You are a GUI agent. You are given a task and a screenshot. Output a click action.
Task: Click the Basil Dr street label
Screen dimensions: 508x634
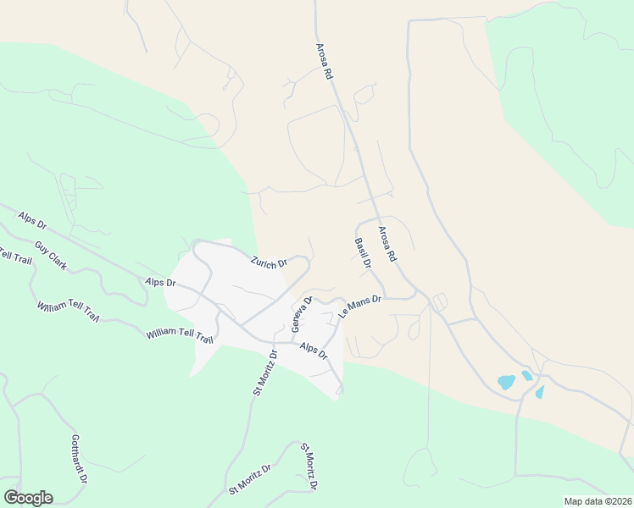coord(362,253)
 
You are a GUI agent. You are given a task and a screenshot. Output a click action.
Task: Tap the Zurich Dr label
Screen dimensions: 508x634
coord(270,262)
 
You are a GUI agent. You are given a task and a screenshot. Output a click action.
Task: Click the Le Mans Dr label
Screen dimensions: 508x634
coord(361,306)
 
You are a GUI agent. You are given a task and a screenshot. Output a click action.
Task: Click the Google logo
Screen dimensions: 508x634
coord(28,498)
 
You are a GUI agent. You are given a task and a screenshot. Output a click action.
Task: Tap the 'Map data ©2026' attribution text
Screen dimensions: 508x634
coord(598,501)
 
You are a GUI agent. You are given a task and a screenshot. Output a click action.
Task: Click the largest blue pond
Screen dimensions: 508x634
coord(507,382)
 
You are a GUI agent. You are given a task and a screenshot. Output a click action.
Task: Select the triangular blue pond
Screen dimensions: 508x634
coord(539,392)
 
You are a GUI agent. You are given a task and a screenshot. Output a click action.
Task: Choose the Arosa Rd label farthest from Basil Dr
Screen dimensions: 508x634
coord(324,63)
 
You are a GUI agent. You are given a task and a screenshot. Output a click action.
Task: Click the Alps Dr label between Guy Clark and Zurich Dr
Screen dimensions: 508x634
coord(160,282)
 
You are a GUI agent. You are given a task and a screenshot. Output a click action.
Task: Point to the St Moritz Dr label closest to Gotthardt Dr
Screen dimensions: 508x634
coord(249,479)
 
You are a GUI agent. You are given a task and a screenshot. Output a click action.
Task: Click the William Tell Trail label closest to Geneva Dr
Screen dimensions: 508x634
coord(180,335)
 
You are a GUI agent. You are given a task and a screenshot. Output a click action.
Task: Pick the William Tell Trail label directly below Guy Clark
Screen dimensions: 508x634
coord(68,312)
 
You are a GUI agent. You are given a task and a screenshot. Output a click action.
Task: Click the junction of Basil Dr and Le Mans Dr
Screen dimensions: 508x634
coord(387,297)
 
